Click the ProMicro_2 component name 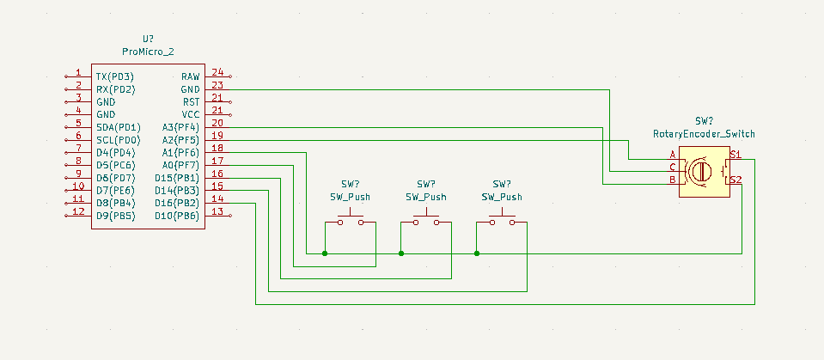point(148,52)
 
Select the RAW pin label point(190,76)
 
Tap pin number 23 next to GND point(217,85)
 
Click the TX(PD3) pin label point(115,76)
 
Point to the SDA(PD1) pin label point(118,127)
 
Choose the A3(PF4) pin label point(180,127)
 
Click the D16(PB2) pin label point(177,203)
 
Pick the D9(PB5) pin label point(115,215)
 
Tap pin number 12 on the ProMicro point(77,211)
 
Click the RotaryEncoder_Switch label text point(704,134)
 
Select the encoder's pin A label point(673,156)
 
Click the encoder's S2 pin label point(735,180)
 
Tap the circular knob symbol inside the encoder point(699,171)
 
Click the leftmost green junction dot point(325,253)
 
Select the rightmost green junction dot point(477,253)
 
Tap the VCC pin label point(190,114)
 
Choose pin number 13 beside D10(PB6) point(217,211)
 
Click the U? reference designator point(148,40)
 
